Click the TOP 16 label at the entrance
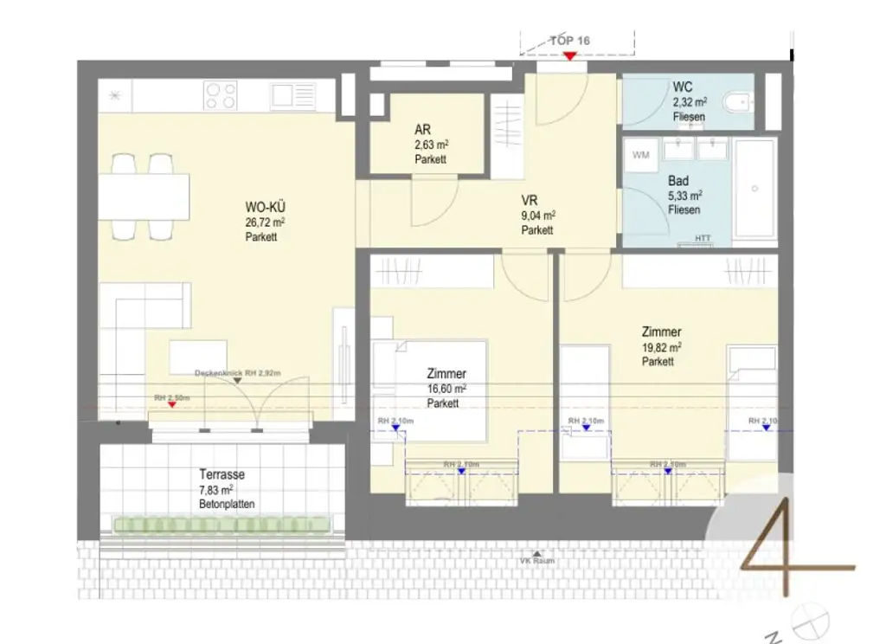pos(570,41)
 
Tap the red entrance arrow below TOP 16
pos(569,56)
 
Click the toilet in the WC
pos(737,104)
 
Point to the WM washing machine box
pos(641,155)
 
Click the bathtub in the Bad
pos(754,188)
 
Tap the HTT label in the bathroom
pos(703,238)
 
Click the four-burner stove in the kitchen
pos(221,95)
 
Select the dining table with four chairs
pos(144,196)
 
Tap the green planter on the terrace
pos(223,524)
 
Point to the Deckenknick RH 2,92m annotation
pos(237,372)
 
